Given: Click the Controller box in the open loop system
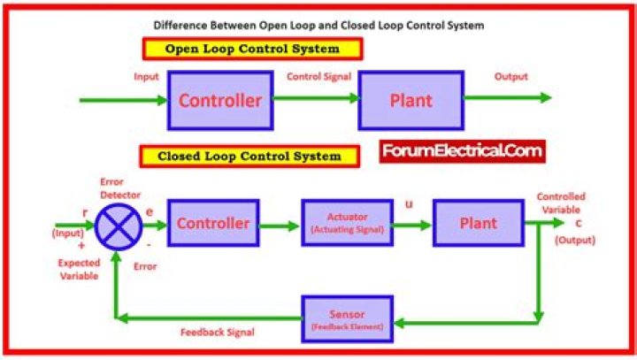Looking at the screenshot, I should click(x=219, y=100).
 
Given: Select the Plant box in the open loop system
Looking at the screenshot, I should click(x=411, y=100).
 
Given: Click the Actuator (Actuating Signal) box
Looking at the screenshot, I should click(x=347, y=223).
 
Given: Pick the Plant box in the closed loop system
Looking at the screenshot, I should click(x=478, y=223).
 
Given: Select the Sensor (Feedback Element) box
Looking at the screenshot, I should click(x=347, y=319).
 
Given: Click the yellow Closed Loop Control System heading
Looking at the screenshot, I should click(x=249, y=157).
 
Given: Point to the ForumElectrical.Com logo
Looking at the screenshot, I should click(x=462, y=151).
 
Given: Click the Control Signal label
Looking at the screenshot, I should click(x=318, y=76).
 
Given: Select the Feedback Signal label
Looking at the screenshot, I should click(x=217, y=333).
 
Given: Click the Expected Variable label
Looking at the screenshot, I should click(x=79, y=269).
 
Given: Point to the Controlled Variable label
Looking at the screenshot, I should click(x=560, y=203).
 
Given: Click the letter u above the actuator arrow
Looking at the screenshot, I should click(x=408, y=204).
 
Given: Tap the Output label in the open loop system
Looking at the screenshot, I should click(x=510, y=76).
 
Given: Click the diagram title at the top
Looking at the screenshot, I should click(x=318, y=25).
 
